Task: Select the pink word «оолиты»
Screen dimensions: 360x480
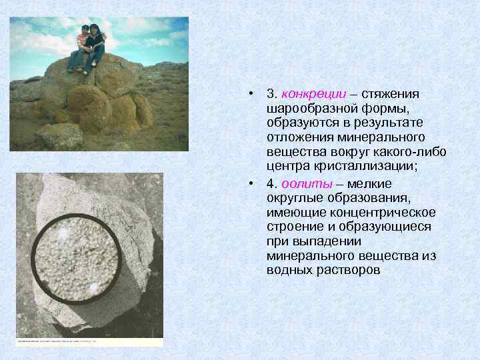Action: pos(305,184)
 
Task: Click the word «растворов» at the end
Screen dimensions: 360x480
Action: pos(347,271)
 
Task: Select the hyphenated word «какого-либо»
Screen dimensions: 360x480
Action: pos(412,151)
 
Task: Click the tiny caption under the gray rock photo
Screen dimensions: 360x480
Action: pos(57,340)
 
